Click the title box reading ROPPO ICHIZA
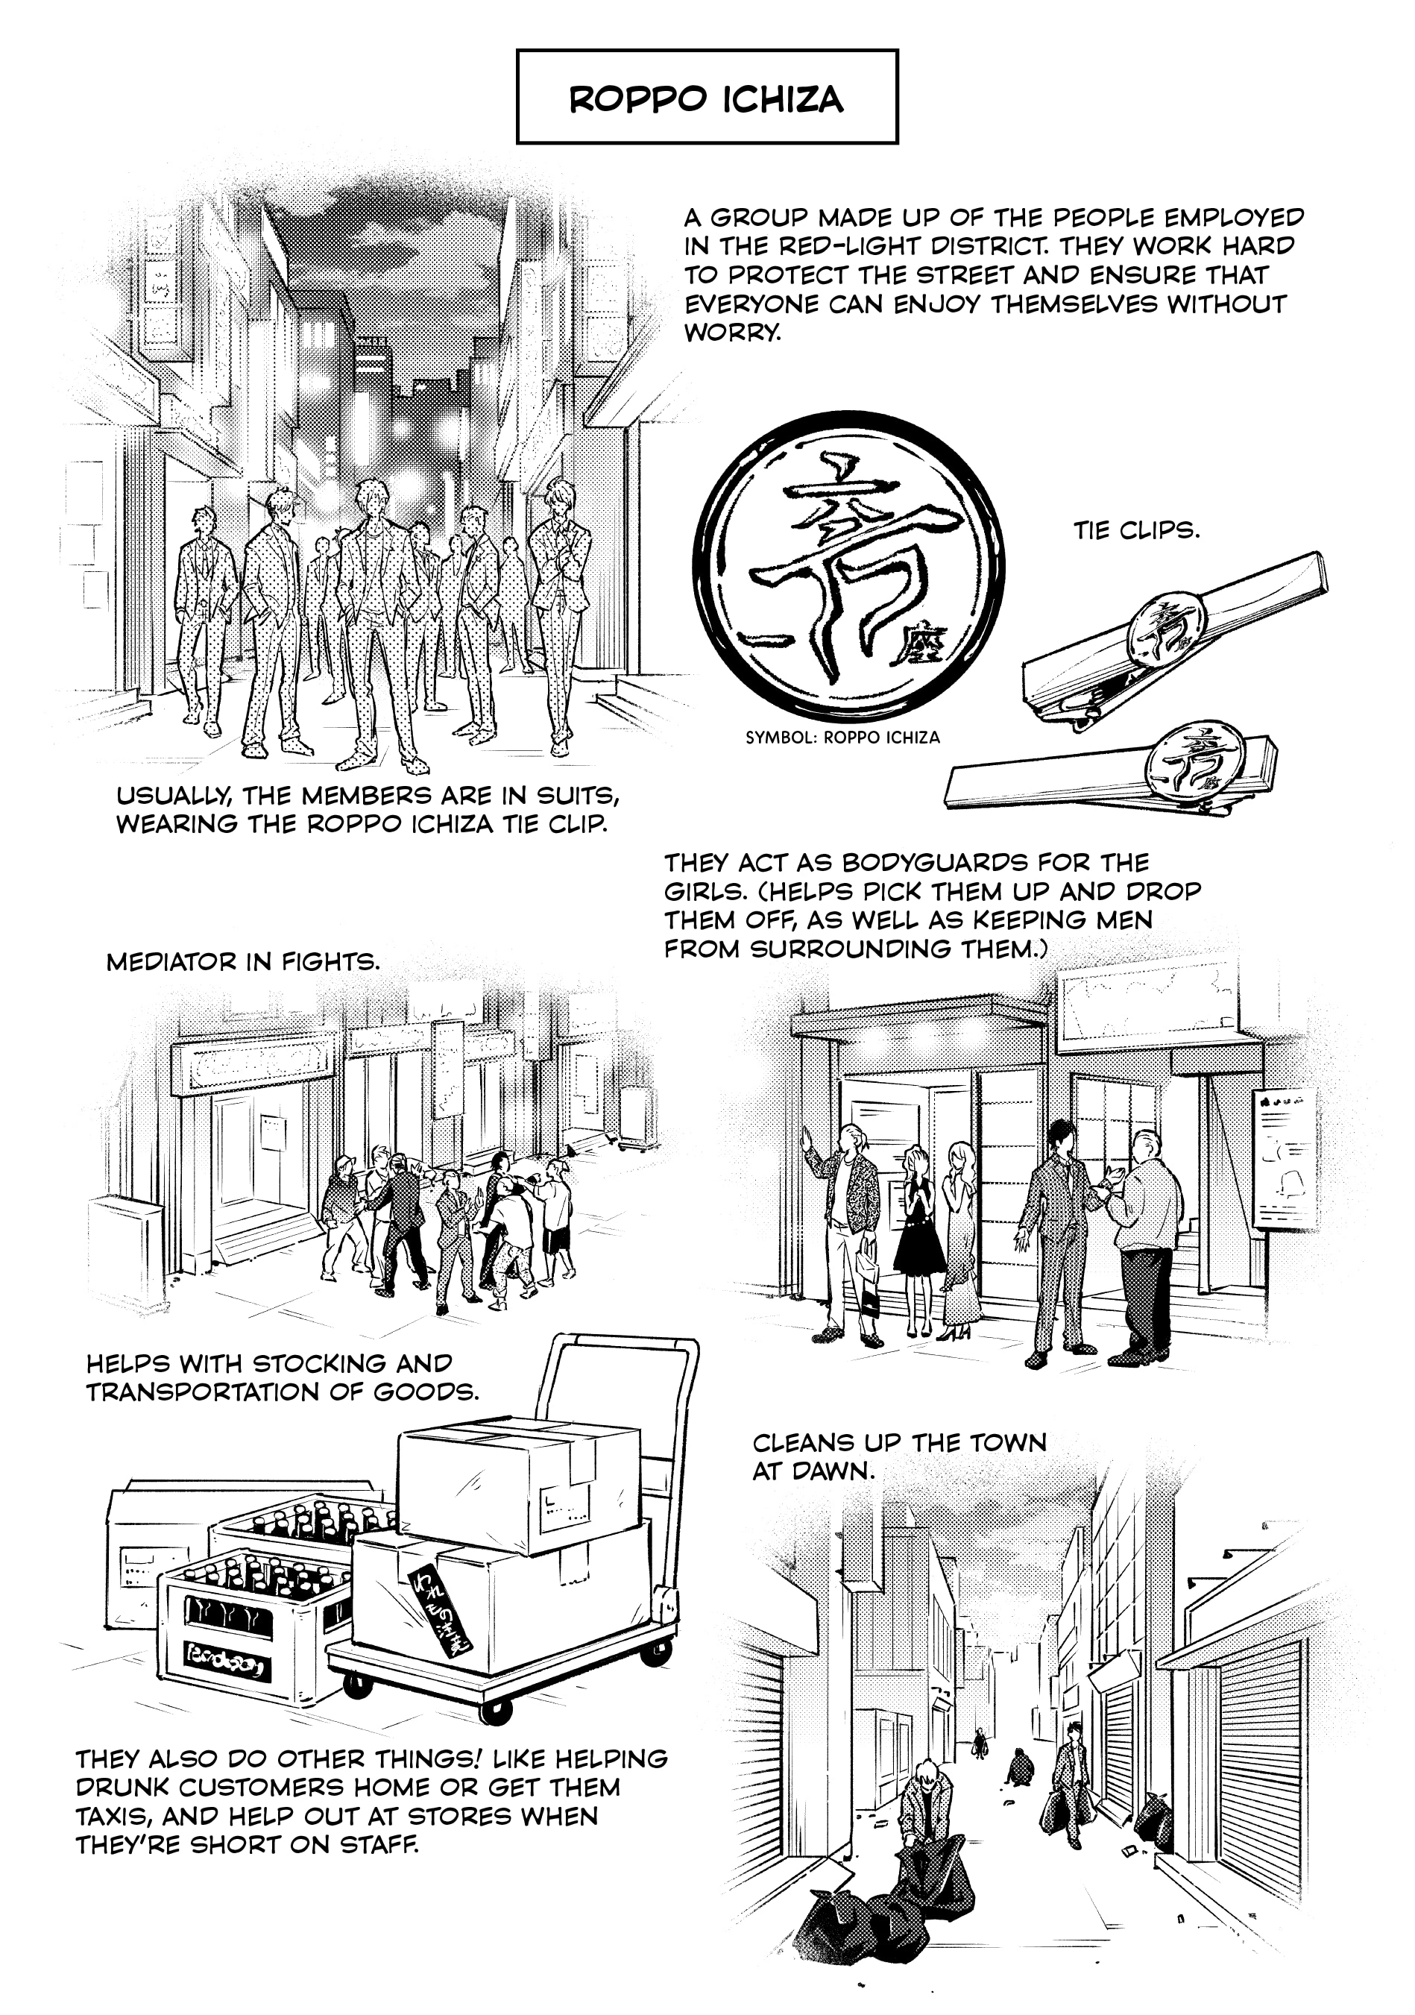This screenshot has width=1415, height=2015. (707, 95)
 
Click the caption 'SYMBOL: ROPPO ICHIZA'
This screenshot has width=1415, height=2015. (842, 738)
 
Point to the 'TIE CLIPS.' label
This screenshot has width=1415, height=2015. (1136, 530)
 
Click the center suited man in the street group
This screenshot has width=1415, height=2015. (376, 623)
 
